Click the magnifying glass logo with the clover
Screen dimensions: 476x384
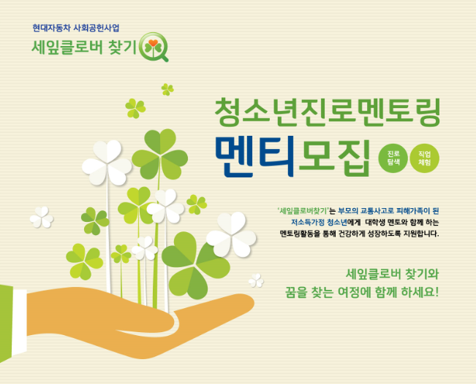[x=154, y=47]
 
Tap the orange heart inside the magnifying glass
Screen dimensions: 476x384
[x=153, y=43]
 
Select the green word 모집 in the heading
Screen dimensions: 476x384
[x=334, y=158]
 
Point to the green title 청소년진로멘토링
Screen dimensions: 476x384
[x=328, y=112]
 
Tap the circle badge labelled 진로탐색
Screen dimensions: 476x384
[x=393, y=158]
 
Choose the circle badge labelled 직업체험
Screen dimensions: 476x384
[x=424, y=158]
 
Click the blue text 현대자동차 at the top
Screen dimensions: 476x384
[x=51, y=28]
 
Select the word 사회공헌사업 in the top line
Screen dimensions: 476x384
[x=97, y=28]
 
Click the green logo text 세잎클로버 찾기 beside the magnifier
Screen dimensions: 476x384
[x=84, y=47]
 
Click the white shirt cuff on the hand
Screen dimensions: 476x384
[x=19, y=321]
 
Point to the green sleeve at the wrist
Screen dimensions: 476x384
[x=6, y=323]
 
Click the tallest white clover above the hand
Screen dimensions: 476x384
[x=107, y=162]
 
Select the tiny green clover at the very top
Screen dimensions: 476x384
[x=167, y=89]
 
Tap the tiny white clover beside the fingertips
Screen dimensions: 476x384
[x=256, y=280]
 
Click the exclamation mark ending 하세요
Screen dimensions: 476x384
[x=437, y=292]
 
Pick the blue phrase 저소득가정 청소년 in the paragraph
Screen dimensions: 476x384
[x=319, y=222]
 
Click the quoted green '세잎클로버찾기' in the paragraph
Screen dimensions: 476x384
[x=303, y=211]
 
